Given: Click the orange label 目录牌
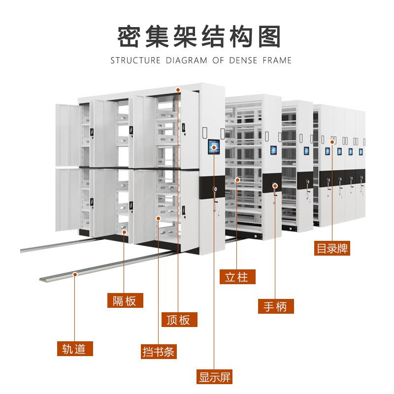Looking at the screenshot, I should coord(332,249).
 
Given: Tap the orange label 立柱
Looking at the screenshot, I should coord(237,277).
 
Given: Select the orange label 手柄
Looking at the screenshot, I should coord(276,306).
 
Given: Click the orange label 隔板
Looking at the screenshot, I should coord(125,300).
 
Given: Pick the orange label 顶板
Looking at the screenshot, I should coord(179,320).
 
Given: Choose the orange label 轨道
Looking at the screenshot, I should coord(74,349).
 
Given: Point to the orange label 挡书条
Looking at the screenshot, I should coord(159,352).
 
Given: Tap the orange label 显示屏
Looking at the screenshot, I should coord(214,377).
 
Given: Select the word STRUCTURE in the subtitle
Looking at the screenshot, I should coord(135,61).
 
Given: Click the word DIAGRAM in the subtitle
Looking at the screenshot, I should coord(187,61).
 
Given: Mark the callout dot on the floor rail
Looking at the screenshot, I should coord(75,274).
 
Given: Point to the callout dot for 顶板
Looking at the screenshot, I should coord(179,90).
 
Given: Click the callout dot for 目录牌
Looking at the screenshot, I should coord(332,142).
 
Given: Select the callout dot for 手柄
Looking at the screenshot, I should coord(275,186).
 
